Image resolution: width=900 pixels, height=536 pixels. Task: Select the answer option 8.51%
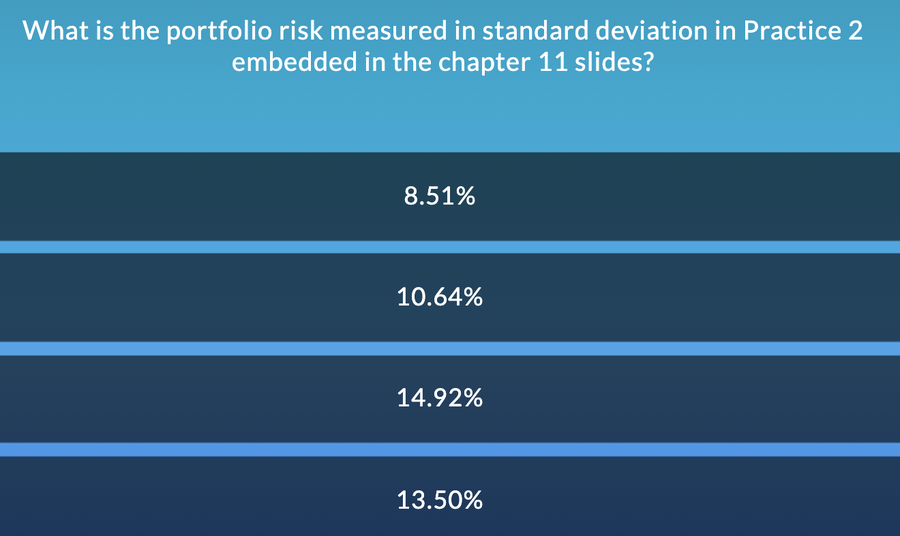click(440, 197)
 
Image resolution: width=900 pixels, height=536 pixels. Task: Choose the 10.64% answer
click(440, 297)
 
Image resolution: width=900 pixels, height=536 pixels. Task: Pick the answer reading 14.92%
click(440, 398)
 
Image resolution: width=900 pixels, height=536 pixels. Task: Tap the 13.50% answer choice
click(440, 501)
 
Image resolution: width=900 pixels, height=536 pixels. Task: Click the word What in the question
click(54, 31)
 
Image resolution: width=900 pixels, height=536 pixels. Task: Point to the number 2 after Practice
click(855, 31)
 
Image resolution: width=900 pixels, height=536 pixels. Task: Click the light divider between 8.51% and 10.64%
click(450, 247)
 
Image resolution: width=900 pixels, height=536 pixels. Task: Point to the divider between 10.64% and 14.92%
click(450, 348)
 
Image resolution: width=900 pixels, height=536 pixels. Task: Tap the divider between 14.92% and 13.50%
click(450, 449)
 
